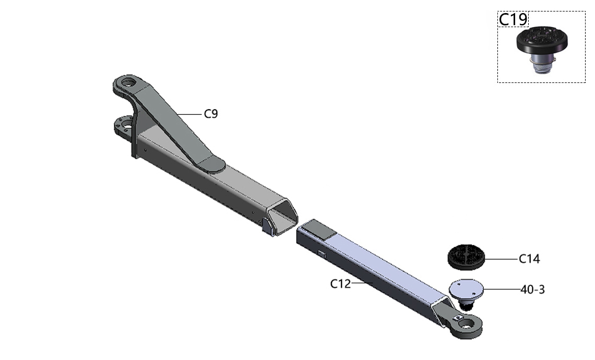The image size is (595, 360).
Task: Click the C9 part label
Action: tap(211, 113)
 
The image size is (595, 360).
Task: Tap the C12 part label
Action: tap(340, 283)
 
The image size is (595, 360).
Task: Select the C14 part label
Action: tap(529, 259)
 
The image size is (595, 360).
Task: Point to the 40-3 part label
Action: tap(532, 290)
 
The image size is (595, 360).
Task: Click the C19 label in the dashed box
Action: tap(513, 19)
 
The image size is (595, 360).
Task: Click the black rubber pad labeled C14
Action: tap(466, 257)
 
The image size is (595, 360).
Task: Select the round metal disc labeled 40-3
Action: tap(467, 290)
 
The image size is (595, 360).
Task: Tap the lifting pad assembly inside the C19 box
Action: tap(542, 50)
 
